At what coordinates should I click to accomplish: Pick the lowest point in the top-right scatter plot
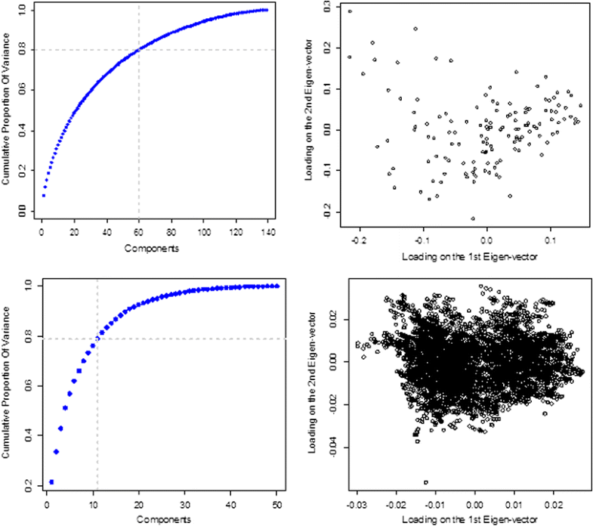473,218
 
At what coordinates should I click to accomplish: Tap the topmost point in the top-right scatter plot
350,11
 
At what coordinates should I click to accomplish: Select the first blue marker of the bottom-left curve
51,482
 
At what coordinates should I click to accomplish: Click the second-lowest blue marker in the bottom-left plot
56,452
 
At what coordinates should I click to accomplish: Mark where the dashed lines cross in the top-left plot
139,50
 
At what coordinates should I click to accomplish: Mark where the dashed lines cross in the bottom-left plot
97,338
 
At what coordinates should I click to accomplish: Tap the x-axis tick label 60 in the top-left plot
139,231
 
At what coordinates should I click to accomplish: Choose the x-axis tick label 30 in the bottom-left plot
184,505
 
